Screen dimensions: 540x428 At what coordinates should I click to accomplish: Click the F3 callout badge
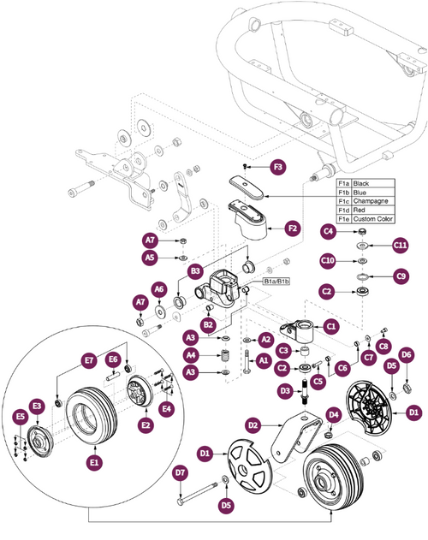[277, 164]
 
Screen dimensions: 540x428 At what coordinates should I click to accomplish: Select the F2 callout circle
[292, 228]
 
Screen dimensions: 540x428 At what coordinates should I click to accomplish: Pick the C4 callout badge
[328, 231]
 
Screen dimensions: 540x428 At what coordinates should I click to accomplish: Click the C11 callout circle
[400, 246]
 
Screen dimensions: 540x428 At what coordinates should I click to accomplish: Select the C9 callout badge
[400, 276]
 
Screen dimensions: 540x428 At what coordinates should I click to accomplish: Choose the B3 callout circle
[195, 271]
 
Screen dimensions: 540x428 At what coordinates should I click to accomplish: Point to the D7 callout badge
[180, 472]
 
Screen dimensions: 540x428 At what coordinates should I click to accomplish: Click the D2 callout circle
[253, 424]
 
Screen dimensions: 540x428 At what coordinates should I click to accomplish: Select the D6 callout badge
[407, 353]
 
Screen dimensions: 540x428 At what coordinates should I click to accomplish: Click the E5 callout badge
[21, 417]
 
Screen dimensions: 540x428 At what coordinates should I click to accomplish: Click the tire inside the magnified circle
[89, 417]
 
